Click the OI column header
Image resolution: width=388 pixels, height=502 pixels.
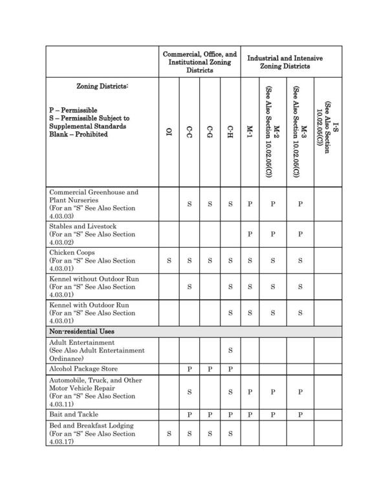click(x=169, y=132)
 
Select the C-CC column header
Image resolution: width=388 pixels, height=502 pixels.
click(x=189, y=132)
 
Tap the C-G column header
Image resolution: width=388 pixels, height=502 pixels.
click(x=210, y=132)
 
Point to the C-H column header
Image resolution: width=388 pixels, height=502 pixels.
click(x=230, y=132)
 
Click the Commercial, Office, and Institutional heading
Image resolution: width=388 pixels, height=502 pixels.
click(x=200, y=62)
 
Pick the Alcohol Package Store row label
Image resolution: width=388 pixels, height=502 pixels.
click(x=80, y=368)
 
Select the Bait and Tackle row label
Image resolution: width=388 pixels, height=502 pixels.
click(x=72, y=413)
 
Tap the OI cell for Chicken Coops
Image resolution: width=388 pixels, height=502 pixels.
click(x=169, y=261)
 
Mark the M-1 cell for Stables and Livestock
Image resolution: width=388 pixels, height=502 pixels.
click(x=250, y=234)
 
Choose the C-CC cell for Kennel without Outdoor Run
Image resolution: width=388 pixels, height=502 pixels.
click(x=189, y=286)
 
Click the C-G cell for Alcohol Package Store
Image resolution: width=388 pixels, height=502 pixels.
click(x=210, y=368)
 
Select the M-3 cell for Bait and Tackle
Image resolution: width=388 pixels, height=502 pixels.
click(x=300, y=413)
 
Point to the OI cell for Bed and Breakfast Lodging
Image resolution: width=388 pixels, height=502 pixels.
click(x=169, y=433)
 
